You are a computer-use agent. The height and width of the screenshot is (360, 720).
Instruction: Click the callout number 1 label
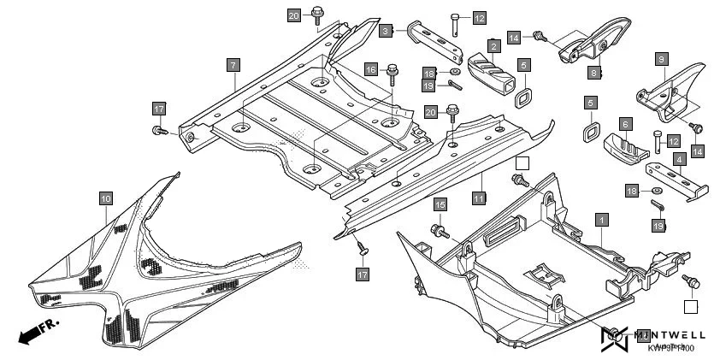tap(601, 220)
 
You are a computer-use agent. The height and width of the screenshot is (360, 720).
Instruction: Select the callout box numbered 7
tap(233, 64)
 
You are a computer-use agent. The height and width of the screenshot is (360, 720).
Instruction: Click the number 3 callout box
tap(387, 31)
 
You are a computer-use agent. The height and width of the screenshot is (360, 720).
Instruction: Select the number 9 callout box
tap(661, 59)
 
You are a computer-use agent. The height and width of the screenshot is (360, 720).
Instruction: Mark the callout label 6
tap(626, 125)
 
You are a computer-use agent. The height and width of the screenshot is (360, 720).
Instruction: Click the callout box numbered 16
tap(370, 69)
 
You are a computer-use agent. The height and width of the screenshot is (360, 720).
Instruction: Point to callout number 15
tap(440, 205)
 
